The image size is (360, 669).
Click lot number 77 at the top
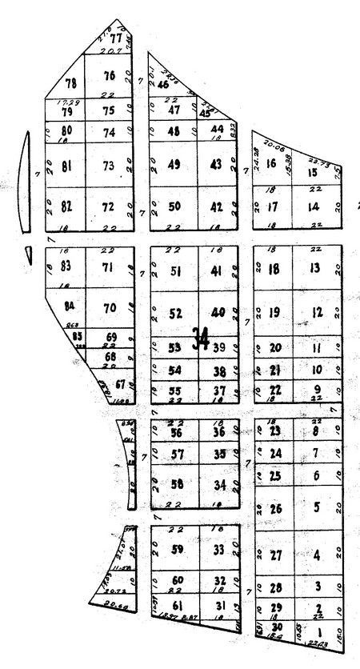117,38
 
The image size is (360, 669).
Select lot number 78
72,83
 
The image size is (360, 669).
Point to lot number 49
174,165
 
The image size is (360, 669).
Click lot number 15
313,172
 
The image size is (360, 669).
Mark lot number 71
110,266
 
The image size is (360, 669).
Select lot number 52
176,314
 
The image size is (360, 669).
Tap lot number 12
317,312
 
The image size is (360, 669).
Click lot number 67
120,384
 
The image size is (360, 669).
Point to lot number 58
178,484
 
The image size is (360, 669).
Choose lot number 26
277,509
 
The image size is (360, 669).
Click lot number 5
318,507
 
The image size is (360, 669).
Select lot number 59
178,550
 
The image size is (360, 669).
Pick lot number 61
178,605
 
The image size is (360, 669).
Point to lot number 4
318,555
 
